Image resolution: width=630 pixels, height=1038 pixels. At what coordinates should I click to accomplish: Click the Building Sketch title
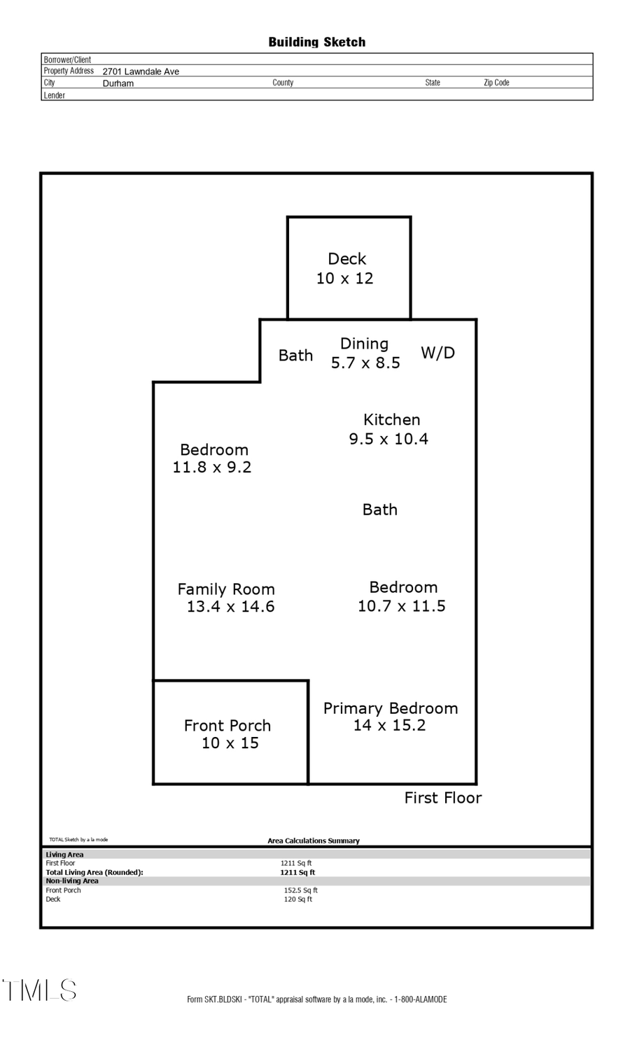[316, 42]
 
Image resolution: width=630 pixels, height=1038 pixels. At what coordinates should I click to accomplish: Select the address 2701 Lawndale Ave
[141, 71]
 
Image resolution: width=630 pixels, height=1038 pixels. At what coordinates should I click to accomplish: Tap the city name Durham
[118, 83]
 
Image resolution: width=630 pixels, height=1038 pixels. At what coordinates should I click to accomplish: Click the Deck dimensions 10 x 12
[344, 279]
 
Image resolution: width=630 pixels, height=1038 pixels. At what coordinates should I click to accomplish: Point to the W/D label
[437, 353]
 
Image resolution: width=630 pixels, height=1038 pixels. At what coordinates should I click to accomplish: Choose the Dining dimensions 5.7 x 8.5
[365, 363]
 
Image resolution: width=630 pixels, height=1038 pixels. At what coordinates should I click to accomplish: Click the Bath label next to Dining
[295, 356]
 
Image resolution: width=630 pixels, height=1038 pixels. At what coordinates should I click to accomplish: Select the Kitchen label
[391, 420]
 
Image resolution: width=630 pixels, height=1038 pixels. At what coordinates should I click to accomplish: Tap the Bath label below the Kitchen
[379, 510]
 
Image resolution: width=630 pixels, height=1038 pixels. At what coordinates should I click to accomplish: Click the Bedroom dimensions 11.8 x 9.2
[212, 468]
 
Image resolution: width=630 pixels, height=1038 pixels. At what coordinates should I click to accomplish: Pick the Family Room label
[225, 589]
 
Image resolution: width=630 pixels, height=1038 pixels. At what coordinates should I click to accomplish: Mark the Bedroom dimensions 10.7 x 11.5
[401, 606]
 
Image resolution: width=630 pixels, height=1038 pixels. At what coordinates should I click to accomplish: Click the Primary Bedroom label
[390, 708]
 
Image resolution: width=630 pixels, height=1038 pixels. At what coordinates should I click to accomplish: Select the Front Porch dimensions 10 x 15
[230, 743]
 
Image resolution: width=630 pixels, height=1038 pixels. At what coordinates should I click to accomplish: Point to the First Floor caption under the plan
[442, 798]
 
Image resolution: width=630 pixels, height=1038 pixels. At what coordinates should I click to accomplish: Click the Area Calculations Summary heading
[313, 841]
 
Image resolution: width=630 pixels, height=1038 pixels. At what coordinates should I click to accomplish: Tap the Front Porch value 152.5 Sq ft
[300, 890]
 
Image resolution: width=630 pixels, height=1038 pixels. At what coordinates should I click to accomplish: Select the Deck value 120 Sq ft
[297, 899]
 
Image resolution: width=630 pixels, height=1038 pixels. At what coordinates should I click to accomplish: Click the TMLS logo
[39, 990]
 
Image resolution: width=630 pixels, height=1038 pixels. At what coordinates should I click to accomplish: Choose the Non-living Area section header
[72, 881]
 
